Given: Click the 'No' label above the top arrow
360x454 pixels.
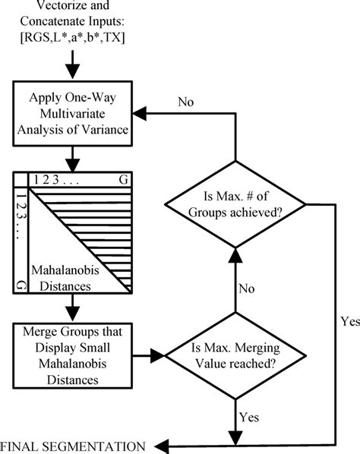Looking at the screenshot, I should coord(188,101).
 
